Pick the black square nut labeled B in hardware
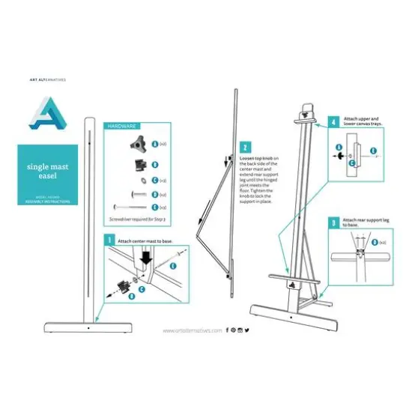138,163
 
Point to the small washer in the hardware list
139,180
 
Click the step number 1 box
109,240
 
